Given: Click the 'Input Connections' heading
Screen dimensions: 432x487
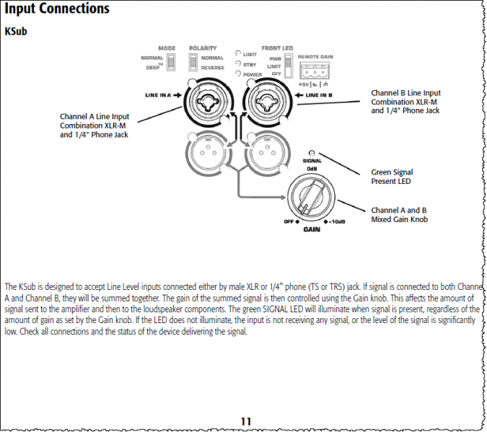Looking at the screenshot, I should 57,9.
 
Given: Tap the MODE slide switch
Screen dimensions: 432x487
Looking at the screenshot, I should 173,62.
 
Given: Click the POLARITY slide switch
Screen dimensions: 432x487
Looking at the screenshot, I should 194,62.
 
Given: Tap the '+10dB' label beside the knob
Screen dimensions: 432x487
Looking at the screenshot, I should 336,222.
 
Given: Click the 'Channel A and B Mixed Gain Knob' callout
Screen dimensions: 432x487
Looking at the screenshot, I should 399,215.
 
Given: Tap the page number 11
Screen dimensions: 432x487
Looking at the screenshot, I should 246,421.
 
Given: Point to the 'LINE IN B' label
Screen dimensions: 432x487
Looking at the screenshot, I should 318,94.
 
